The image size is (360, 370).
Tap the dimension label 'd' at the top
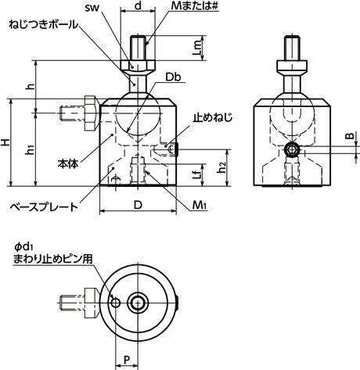(138, 6)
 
